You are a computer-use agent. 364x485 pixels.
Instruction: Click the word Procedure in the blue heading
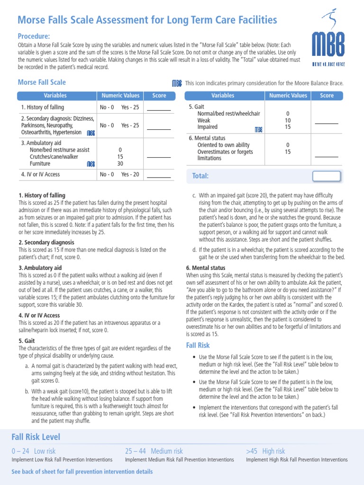(x=34, y=36)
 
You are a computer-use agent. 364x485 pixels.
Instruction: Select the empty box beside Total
(x=326, y=176)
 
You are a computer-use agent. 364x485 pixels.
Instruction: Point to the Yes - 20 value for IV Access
(x=130, y=174)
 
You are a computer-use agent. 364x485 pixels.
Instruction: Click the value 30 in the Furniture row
(x=120, y=164)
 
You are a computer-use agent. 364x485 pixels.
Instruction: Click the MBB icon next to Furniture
(x=91, y=164)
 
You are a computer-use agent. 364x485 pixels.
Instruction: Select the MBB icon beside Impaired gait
(x=258, y=129)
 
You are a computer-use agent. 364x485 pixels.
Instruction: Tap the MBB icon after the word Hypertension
(x=91, y=134)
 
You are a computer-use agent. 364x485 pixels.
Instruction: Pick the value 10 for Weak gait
(x=288, y=121)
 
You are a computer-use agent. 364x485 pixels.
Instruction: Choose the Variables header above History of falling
(x=55, y=96)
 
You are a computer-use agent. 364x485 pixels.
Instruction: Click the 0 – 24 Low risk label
(x=34, y=451)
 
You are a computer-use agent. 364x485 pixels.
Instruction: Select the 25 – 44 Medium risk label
(x=154, y=451)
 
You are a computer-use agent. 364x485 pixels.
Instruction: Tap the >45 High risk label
(x=265, y=451)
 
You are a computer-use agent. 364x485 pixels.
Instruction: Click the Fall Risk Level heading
(x=36, y=437)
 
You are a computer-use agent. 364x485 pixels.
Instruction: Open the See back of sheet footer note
(x=82, y=472)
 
